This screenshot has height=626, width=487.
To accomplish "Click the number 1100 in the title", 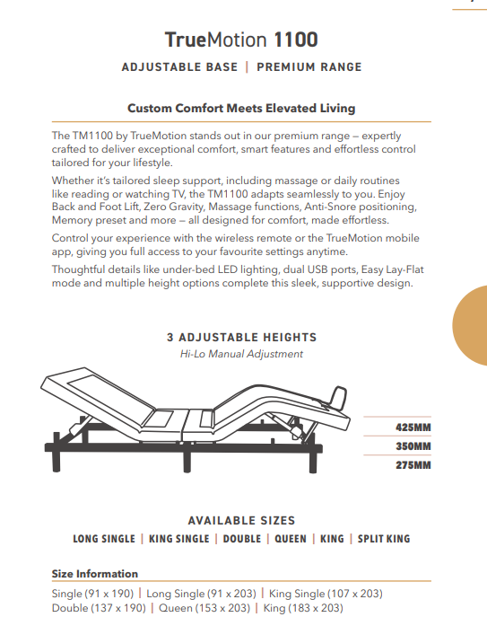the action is [296, 40].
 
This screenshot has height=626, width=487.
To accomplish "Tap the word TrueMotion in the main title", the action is [216, 40].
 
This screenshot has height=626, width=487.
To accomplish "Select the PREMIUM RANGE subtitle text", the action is [309, 67].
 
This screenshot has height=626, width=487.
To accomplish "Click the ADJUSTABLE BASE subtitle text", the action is [179, 67].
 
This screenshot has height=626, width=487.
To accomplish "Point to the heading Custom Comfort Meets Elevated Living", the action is [240, 109].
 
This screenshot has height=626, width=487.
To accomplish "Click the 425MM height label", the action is [413, 427].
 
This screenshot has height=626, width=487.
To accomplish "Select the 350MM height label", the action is [413, 446].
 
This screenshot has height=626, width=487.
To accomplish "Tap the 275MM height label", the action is [413, 465].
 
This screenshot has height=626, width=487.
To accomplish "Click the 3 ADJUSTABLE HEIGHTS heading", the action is [241, 338].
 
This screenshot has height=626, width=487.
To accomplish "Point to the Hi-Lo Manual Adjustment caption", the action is [241, 354].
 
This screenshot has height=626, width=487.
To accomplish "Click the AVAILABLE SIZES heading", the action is [241, 521].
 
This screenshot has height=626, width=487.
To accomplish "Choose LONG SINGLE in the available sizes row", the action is [104, 539].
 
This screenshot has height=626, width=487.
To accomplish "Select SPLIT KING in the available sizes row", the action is [383, 539].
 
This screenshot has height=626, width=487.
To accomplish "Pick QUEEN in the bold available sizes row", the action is [290, 539].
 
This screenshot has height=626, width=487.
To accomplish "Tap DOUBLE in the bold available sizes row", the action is [241, 539].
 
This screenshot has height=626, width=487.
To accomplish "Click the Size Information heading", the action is [95, 574].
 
